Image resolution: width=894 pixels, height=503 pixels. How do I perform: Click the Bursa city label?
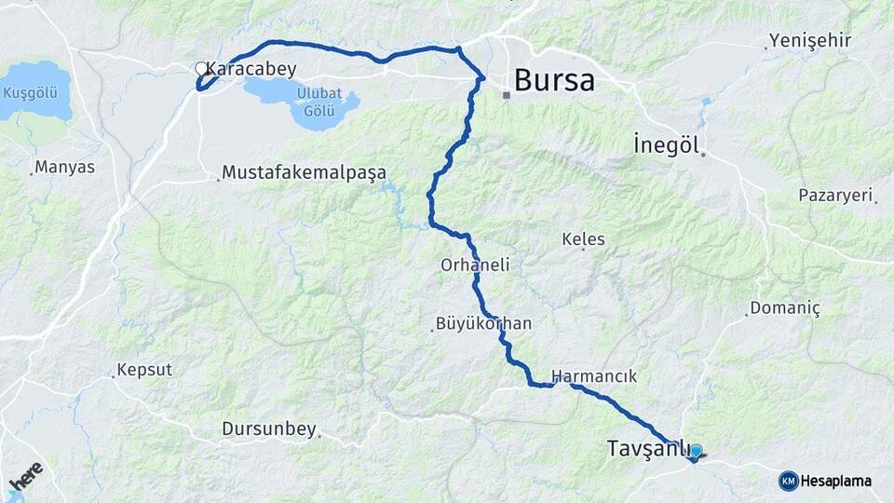tap(554, 80)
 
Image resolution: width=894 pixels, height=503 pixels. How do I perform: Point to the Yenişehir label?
tap(808, 41)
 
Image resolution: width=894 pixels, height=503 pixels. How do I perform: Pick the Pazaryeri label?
tap(835, 196)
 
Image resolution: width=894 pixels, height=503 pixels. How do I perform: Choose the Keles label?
tap(584, 239)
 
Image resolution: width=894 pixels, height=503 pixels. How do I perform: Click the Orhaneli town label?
tap(475, 265)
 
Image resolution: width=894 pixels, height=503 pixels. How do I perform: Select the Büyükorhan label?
tap(483, 324)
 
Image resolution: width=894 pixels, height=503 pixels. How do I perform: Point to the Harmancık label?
tap(594, 376)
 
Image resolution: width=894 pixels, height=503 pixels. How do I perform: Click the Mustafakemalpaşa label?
tap(304, 173)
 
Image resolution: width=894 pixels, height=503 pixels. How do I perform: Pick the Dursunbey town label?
tap(269, 429)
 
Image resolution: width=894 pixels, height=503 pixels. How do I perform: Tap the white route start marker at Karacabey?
tap(200, 68)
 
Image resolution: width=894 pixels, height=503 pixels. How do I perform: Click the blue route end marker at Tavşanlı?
tap(696, 452)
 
